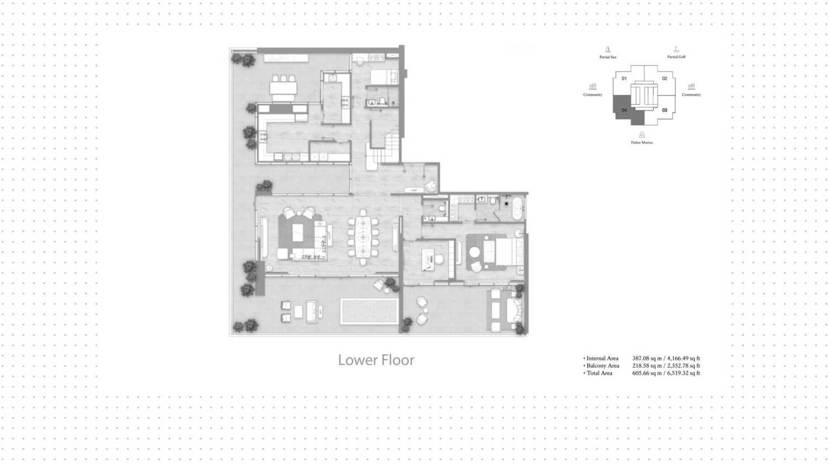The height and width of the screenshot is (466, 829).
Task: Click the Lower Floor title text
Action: coord(376,360)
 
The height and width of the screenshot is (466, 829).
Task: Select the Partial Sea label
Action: coord(608,57)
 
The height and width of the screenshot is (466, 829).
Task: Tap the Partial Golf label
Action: coord(676,57)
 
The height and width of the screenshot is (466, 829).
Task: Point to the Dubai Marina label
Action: coord(642,142)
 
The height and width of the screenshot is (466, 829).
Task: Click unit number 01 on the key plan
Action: coord(625,79)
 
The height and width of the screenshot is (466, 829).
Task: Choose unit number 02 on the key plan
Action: coord(665,79)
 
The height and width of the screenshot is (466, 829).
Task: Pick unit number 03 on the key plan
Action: coord(665,110)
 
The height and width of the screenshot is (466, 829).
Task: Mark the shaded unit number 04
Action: coord(625,110)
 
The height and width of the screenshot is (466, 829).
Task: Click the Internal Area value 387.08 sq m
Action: coord(647,359)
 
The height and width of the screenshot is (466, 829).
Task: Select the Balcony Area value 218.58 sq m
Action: coord(647,366)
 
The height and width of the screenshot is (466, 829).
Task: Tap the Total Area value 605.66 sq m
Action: coord(647,374)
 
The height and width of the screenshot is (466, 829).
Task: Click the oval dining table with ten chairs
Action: coord(363,237)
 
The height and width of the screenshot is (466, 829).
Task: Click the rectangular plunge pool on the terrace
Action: coord(369,312)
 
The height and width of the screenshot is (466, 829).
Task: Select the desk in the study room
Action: coord(428,260)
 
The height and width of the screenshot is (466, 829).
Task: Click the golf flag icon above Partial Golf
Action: coord(676,49)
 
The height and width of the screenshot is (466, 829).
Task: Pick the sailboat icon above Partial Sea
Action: coord(608,49)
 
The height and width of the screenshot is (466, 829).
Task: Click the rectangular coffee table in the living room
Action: coord(297,233)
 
